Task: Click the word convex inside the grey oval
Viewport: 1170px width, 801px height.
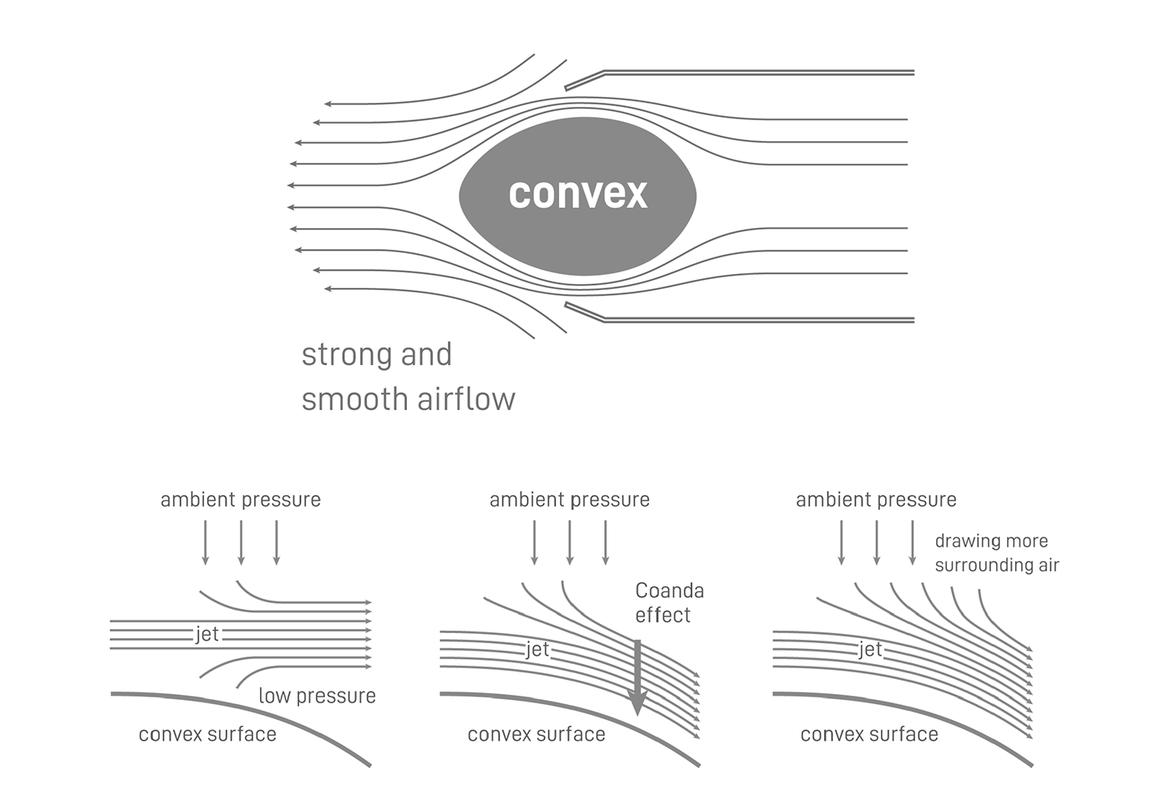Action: (577, 193)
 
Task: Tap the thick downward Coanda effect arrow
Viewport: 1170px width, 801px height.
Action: (638, 677)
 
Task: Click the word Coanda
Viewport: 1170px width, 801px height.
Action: (669, 591)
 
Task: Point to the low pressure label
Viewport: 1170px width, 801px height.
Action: (317, 696)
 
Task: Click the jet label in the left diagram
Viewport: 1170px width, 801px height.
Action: (206, 635)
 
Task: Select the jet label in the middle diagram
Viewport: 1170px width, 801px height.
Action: (537, 650)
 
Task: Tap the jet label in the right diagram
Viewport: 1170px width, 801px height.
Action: (869, 650)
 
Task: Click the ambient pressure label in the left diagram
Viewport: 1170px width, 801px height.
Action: (241, 499)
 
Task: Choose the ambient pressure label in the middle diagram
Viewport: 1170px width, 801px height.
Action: (569, 499)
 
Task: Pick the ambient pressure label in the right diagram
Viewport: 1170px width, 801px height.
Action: (876, 499)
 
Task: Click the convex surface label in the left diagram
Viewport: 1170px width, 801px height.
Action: (207, 734)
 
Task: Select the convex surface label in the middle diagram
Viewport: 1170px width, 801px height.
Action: (536, 734)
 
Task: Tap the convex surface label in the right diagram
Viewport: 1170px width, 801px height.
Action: (869, 734)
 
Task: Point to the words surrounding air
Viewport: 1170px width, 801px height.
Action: (996, 565)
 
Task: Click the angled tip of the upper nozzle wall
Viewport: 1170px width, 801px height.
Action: (583, 80)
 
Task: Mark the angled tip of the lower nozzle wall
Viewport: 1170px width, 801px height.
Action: (583, 312)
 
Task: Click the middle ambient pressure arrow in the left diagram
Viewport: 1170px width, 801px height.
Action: (241, 542)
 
